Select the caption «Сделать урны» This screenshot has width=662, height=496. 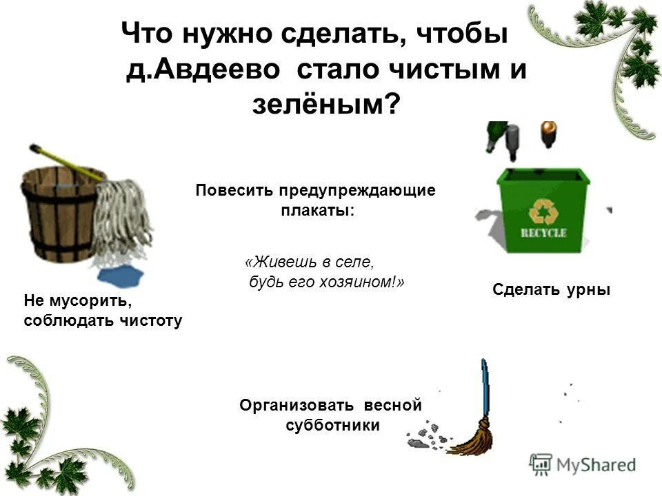[x=552, y=290]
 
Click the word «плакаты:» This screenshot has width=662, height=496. [x=317, y=211]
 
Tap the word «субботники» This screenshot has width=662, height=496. [x=332, y=425]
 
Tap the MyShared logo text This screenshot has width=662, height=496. [x=596, y=465]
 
